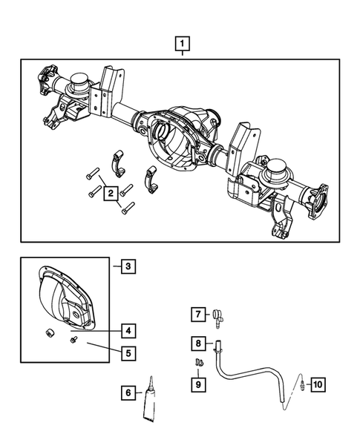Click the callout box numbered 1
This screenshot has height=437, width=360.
pos(180,43)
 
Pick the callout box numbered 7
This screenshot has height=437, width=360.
pos(198,315)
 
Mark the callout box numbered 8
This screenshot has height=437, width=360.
pos(198,344)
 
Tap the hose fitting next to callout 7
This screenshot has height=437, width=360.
pos(217,317)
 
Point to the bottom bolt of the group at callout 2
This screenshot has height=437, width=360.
pos(128,208)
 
